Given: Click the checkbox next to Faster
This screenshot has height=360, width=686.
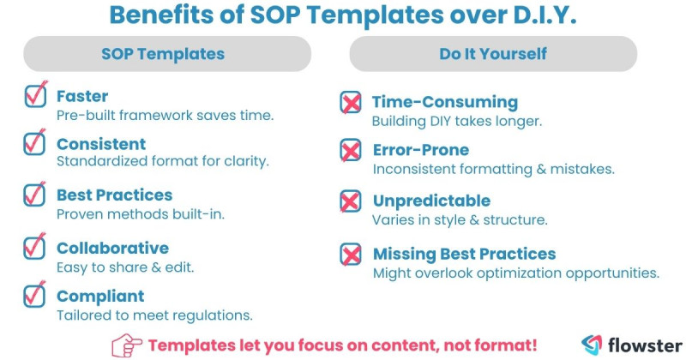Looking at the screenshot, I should tap(35, 96).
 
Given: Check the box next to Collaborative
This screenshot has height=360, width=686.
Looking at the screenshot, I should tap(35, 248).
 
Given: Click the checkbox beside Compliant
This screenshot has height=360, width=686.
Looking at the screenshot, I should tap(35, 297).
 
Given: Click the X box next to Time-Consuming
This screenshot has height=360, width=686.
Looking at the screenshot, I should tap(351, 103).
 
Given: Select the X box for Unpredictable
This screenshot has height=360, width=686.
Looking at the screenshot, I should tap(351, 202).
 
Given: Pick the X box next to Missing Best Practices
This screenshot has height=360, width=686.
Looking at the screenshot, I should tap(351, 255).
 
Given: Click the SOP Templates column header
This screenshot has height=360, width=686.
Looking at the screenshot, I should tap(163, 54).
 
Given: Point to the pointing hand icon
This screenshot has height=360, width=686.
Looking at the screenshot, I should tap(128, 345).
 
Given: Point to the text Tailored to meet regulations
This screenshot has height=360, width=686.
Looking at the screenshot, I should tap(154, 315).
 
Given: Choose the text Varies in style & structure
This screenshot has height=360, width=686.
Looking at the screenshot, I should tap(460, 219).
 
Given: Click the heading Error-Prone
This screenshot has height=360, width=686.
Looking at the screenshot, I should tap(421, 151).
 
